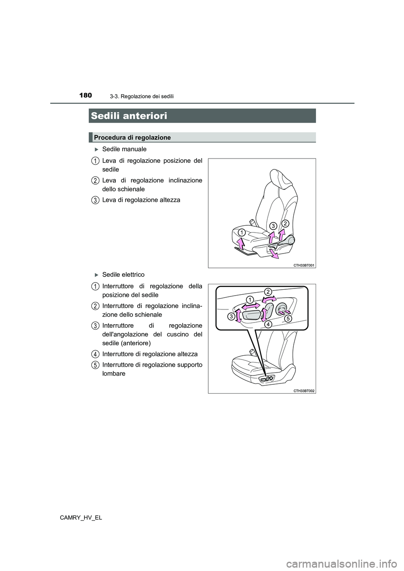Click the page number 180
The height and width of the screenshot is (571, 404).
coord(85,95)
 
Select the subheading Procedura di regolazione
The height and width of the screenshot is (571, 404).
coord(132,137)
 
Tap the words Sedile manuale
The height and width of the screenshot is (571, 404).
coord(124,149)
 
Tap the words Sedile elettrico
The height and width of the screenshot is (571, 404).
coord(123,275)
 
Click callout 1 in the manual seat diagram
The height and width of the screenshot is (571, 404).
coord(241,233)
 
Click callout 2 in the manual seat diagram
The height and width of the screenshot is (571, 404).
coord(285,223)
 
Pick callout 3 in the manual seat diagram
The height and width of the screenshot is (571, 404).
coord(273,226)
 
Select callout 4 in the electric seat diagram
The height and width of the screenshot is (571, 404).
coord(268,324)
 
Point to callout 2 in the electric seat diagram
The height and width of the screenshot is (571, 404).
coord(268,291)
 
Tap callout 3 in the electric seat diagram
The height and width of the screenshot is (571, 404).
coord(231,317)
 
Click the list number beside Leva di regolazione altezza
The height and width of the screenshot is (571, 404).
coord(96,200)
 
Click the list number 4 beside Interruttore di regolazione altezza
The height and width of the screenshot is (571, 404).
coord(96,354)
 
